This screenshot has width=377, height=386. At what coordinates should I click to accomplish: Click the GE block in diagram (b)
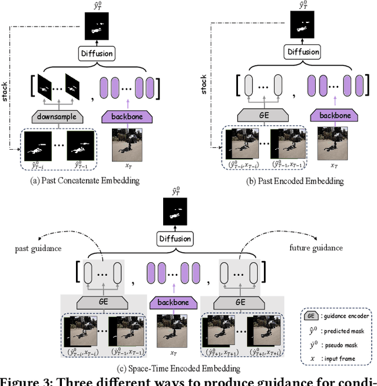263,116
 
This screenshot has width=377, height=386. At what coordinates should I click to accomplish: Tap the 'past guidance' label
38,249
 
